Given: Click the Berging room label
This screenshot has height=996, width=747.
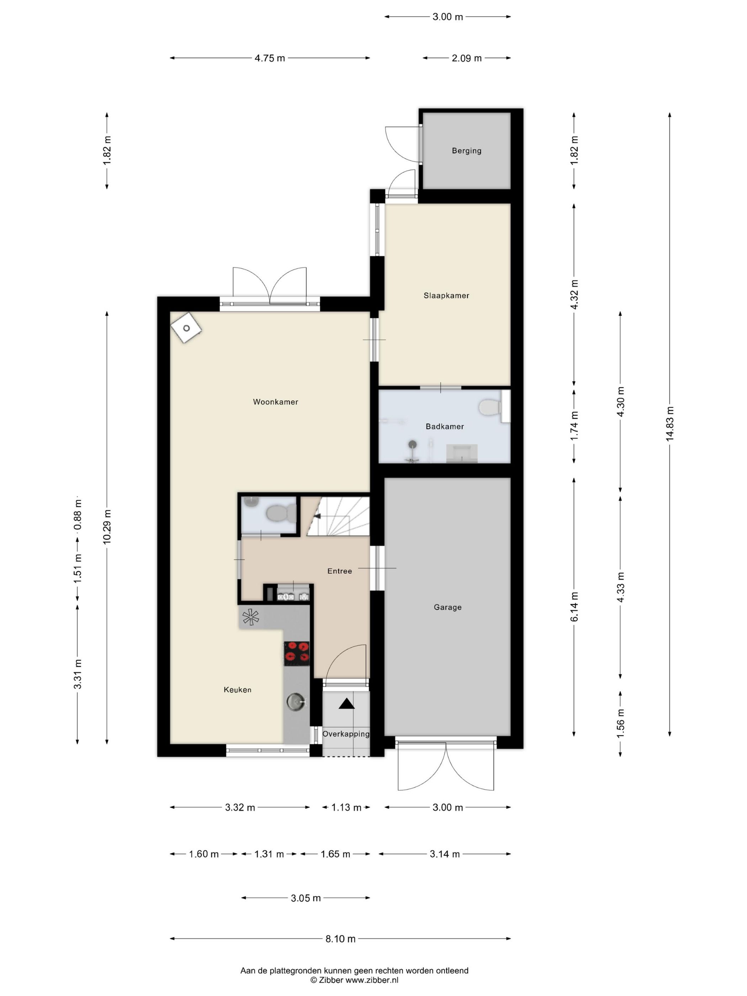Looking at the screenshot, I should point(466,151).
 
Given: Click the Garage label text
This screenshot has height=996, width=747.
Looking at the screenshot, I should point(447,607).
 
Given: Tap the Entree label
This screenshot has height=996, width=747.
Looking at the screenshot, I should point(339,571).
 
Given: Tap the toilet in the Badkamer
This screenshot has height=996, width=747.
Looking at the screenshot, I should point(490,408).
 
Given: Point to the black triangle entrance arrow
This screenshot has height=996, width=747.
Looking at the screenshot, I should point(346,704).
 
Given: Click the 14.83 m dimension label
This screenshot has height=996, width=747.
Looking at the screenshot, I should point(669,423).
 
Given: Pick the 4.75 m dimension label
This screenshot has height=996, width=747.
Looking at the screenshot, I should point(270,58).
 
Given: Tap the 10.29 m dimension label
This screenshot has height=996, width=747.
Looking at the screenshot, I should point(107,527).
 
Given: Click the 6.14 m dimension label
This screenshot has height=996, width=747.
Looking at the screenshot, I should point(574,607).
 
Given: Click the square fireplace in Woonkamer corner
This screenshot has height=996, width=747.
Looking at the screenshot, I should point(186,328).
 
